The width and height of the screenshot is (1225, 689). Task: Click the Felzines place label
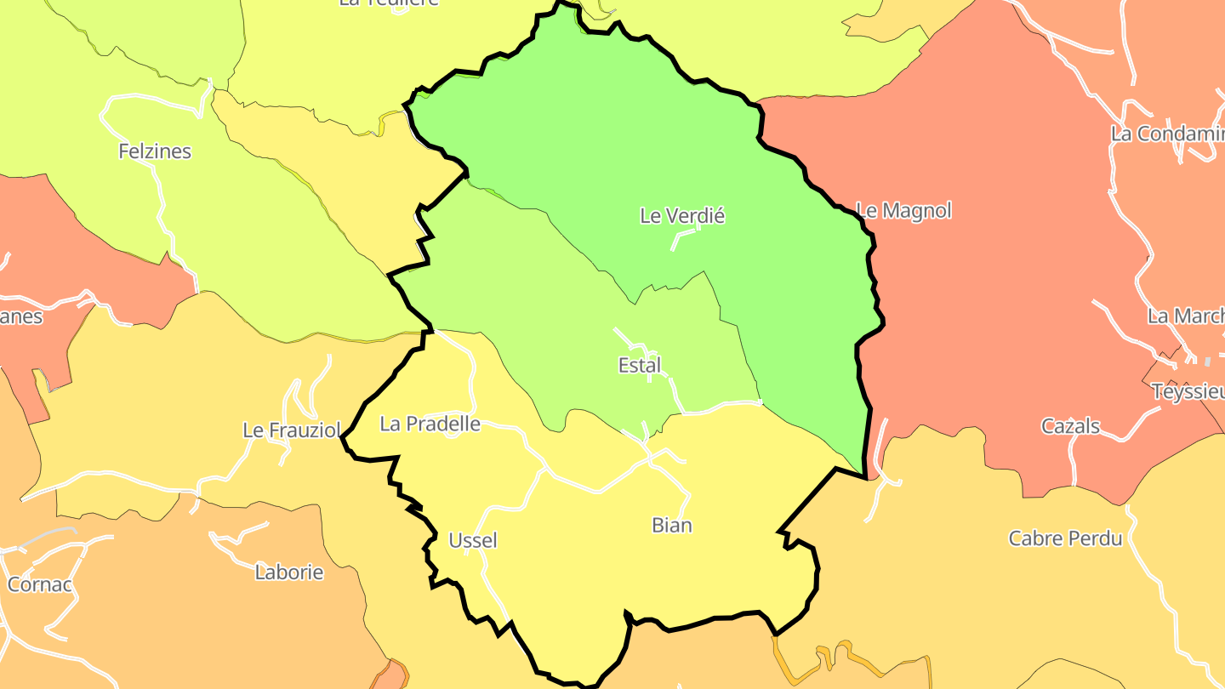click(x=155, y=151)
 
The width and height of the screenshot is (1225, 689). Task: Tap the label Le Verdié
click(x=681, y=216)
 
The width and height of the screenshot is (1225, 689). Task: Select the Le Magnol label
click(x=903, y=210)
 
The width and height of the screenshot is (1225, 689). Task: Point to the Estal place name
click(x=640, y=366)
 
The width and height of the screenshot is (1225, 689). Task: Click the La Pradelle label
click(x=430, y=424)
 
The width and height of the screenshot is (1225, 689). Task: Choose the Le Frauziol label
click(x=292, y=430)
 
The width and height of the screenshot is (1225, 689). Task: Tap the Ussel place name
click(x=473, y=540)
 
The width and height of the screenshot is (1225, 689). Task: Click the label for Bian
click(x=672, y=525)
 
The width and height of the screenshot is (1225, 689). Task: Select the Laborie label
click(x=289, y=572)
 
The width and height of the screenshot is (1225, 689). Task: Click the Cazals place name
click(x=1070, y=426)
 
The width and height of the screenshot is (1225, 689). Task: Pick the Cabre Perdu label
click(x=1065, y=538)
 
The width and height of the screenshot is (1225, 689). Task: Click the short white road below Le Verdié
click(x=682, y=237)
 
